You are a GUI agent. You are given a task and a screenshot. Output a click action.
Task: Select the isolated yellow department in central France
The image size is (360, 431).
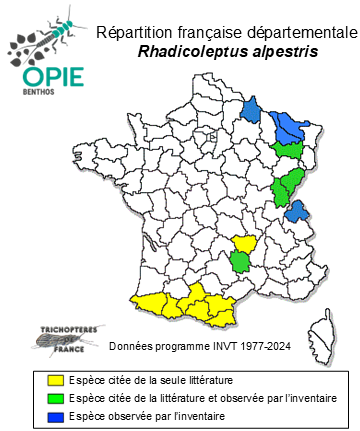pos(243,242)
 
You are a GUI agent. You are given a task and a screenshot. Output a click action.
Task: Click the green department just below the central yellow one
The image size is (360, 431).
pos(241,262)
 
